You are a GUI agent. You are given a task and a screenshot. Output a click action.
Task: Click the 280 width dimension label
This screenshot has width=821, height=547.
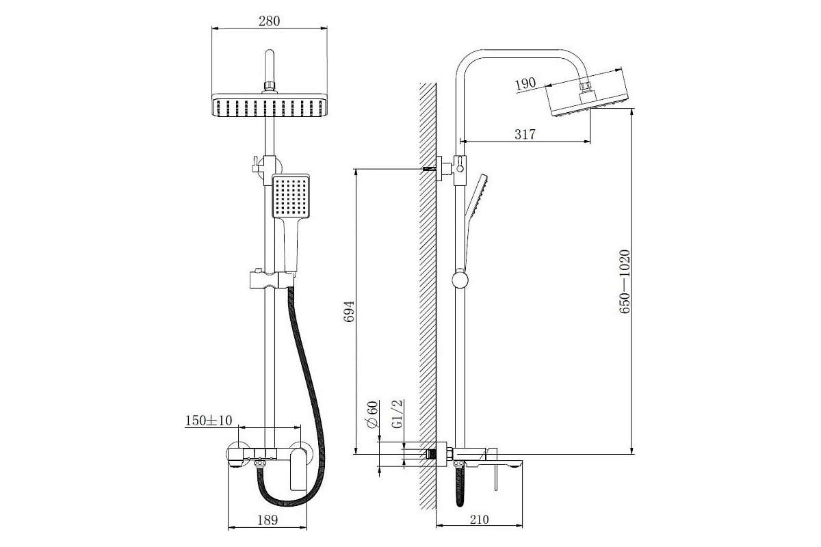pos(270,21)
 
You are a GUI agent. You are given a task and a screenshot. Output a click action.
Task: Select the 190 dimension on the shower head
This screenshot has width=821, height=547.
pos(525,84)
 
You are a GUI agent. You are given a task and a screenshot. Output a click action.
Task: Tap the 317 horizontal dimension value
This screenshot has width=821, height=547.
pos(525,135)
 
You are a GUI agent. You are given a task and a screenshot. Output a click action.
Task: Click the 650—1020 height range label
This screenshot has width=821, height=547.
pos(624,282)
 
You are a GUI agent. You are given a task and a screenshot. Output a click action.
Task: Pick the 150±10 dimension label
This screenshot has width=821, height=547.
pos(209,421)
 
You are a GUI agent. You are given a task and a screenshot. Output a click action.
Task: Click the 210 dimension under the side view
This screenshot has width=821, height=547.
pos(479,520)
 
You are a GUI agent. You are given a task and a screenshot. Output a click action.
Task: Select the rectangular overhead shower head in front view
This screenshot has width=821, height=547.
pos(270,107)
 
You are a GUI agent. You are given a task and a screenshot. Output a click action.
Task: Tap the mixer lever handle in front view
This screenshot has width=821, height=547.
pos(299,468)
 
